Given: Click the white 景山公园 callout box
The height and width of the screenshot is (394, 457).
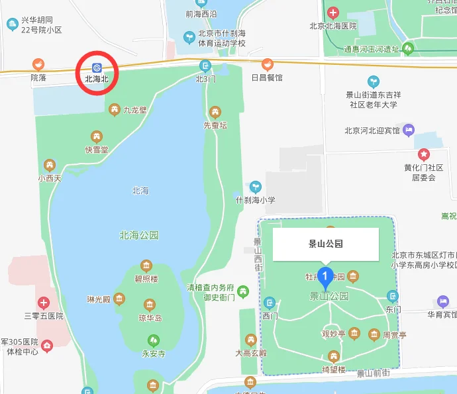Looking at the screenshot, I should click(x=326, y=244).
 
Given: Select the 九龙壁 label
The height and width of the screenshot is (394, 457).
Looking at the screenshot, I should click(x=134, y=110).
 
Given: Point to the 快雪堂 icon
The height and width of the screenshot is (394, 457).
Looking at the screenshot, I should click(x=97, y=137).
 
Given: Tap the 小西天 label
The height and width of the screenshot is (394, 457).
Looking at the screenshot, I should click(x=49, y=177).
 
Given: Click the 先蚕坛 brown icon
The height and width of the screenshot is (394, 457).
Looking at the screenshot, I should click(x=214, y=112).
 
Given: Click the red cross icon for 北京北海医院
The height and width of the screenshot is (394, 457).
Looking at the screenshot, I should click(x=332, y=13).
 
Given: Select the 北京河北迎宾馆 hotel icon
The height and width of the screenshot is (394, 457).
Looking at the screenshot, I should click(x=408, y=130).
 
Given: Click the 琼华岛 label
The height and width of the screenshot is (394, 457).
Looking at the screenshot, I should click(x=150, y=318).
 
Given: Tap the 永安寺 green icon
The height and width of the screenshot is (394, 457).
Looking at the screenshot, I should click(x=153, y=341).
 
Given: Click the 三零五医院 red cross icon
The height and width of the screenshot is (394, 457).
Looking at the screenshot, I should click(x=44, y=303).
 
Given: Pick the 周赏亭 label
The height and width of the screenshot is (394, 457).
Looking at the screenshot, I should click(x=395, y=334).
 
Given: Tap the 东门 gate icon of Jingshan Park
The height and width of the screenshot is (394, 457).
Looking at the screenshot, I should click(x=393, y=296).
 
